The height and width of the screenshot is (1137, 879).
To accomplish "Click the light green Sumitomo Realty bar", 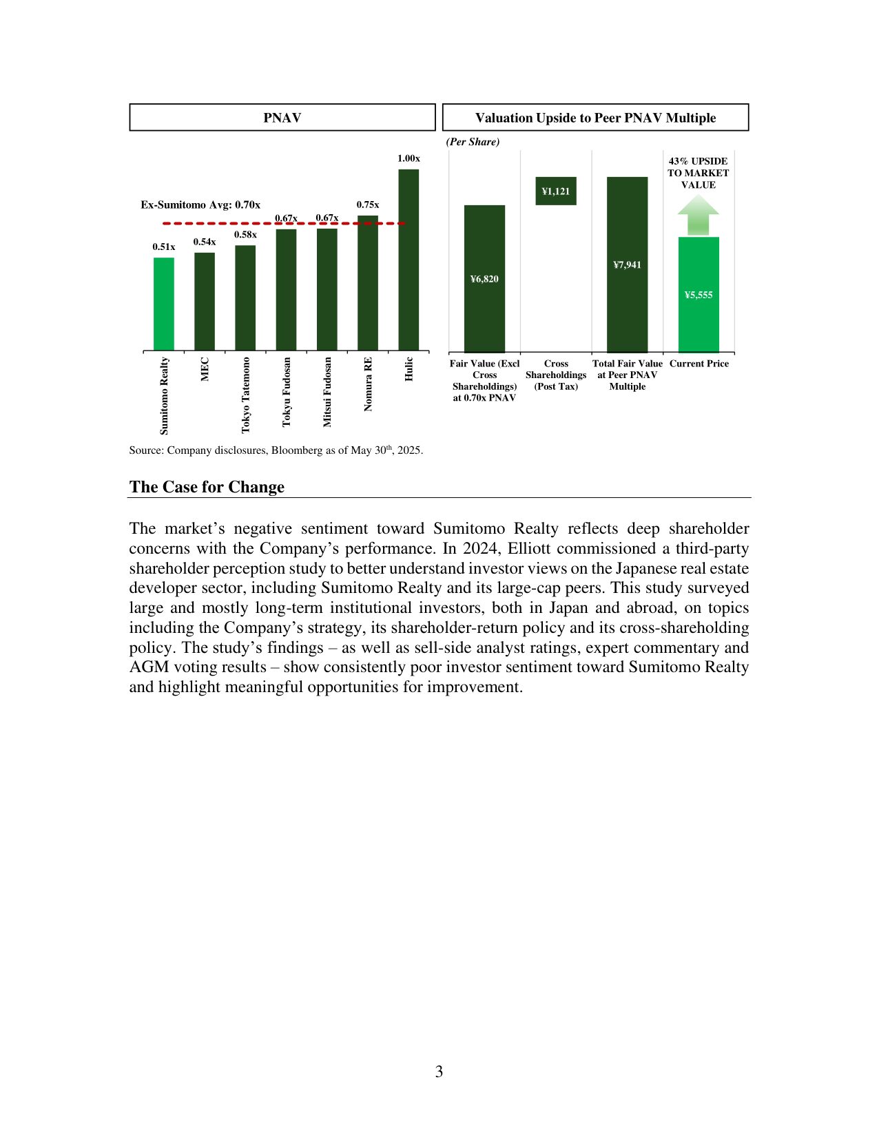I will point(164,304).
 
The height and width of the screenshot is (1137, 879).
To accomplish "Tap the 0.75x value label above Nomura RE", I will point(367,205).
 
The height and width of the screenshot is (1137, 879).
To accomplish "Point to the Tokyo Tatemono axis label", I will point(246,395).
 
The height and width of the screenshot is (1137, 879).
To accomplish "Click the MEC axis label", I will point(205,369).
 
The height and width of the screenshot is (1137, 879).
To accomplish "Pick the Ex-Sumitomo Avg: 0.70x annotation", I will point(200,205).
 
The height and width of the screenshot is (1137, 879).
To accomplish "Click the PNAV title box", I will point(282,118).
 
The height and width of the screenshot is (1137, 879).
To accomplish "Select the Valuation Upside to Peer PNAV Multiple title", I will point(595,118).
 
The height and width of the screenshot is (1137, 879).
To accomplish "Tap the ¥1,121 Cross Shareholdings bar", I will point(556,191).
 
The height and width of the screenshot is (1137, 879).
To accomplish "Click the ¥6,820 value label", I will point(484,279).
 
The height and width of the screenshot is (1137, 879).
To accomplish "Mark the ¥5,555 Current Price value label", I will point(699,295).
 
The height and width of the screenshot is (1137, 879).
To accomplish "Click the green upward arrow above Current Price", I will point(699,214).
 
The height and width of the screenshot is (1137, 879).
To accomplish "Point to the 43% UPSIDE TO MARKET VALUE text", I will point(699,173).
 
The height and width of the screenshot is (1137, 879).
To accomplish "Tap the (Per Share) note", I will point(473,142).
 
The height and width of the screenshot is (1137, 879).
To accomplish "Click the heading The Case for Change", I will point(207,487).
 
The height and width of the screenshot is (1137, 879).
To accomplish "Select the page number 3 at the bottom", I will point(439,1072).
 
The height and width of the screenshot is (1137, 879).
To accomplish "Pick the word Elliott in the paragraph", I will point(530,549).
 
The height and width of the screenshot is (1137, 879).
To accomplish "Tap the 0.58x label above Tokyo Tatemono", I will point(245,235).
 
